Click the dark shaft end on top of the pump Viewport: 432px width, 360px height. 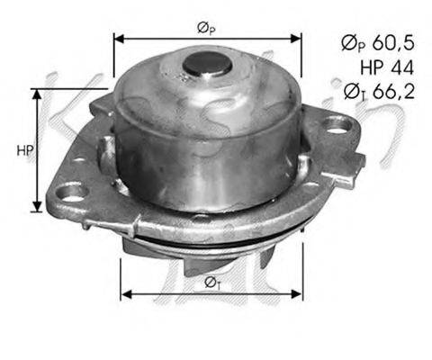pyautogui.click(x=206, y=63)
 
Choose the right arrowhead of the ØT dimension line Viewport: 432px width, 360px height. pyautogui.click(x=300, y=293)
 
